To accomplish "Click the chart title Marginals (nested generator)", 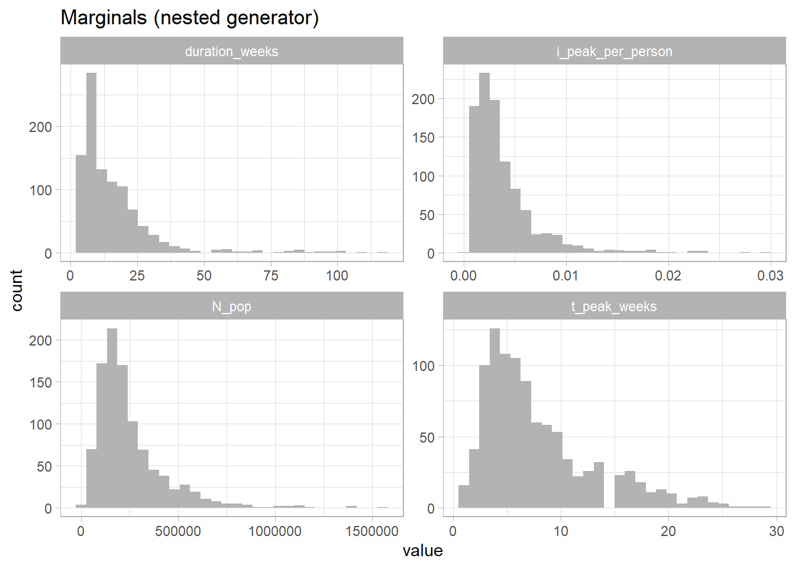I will pyautogui.click(x=189, y=18).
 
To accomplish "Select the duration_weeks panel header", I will pyautogui.click(x=231, y=51).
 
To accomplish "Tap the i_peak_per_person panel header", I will pyautogui.click(x=614, y=51).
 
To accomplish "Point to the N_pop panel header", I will pyautogui.click(x=231, y=306).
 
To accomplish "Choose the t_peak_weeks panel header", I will pyautogui.click(x=614, y=306).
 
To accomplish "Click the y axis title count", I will pyautogui.click(x=17, y=290).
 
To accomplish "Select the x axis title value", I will pyautogui.click(x=422, y=551).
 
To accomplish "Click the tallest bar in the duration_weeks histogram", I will pyautogui.click(x=91, y=163).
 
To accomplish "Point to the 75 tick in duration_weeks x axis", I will pyautogui.click(x=271, y=276).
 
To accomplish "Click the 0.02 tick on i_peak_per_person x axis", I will pyautogui.click(x=668, y=276).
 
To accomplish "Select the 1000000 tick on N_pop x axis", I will pyautogui.click(x=275, y=531).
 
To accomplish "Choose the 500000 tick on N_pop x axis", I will pyautogui.click(x=178, y=531).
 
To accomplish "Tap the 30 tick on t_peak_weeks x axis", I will pyautogui.click(x=776, y=531).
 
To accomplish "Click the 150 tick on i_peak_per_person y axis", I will pyautogui.click(x=423, y=138).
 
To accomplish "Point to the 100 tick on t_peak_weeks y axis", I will pyautogui.click(x=423, y=366).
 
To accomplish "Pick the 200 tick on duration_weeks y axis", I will pyautogui.click(x=40, y=127).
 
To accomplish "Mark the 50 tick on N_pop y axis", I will pyautogui.click(x=44, y=466).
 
